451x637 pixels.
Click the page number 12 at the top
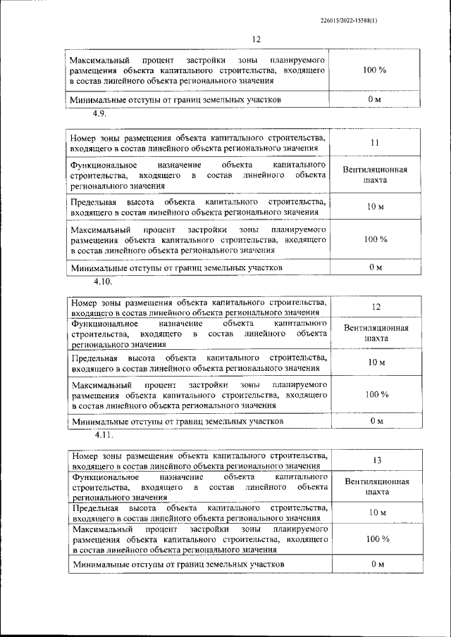[255, 39]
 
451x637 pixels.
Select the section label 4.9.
[98, 113]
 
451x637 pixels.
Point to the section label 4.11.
[101, 434]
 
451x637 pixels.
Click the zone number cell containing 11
[374, 143]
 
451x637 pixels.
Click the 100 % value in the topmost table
[374, 71]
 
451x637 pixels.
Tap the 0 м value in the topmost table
[374, 100]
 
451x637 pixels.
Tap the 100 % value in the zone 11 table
[375, 240]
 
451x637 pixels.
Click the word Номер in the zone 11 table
[84, 138]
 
